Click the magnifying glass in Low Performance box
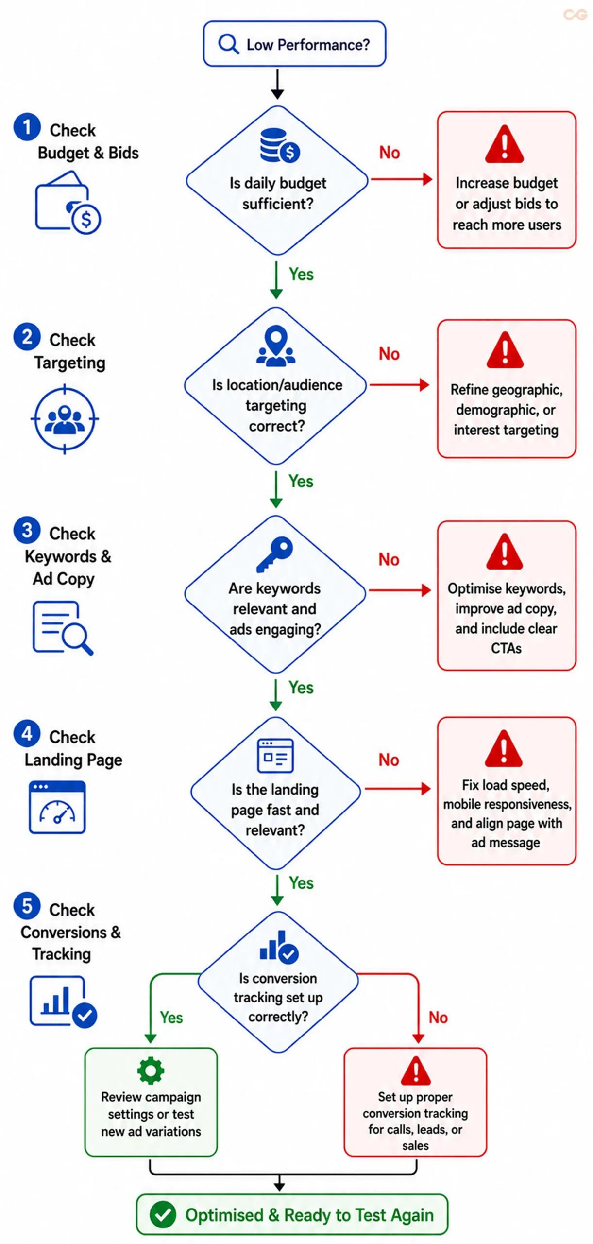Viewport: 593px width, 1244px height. pyautogui.click(x=228, y=44)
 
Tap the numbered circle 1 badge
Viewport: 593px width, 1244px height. pyautogui.click(x=27, y=127)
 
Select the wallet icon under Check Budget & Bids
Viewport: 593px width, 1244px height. pyautogui.click(x=68, y=202)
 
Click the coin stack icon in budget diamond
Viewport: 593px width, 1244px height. pyautogui.click(x=280, y=145)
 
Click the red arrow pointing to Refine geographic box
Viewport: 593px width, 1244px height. pyautogui.click(x=399, y=385)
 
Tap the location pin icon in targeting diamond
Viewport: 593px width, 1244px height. pyautogui.click(x=275, y=346)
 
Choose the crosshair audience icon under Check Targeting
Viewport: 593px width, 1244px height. pyautogui.click(x=65, y=418)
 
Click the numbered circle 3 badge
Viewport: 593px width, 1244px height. pyautogui.click(x=27, y=530)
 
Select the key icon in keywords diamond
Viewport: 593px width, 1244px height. pyautogui.click(x=274, y=554)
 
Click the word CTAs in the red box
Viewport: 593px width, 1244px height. pyautogui.click(x=506, y=648)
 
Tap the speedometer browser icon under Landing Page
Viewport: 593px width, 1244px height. pyautogui.click(x=57, y=807)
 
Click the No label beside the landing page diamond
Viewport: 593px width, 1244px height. pyautogui.click(x=389, y=760)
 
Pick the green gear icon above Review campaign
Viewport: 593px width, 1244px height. pyautogui.click(x=151, y=1071)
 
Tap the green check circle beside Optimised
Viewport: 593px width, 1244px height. pyautogui.click(x=163, y=1214)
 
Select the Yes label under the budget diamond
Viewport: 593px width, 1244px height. pyautogui.click(x=301, y=274)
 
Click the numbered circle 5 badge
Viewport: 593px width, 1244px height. pyautogui.click(x=27, y=905)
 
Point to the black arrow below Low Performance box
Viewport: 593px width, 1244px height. pyautogui.click(x=277, y=84)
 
